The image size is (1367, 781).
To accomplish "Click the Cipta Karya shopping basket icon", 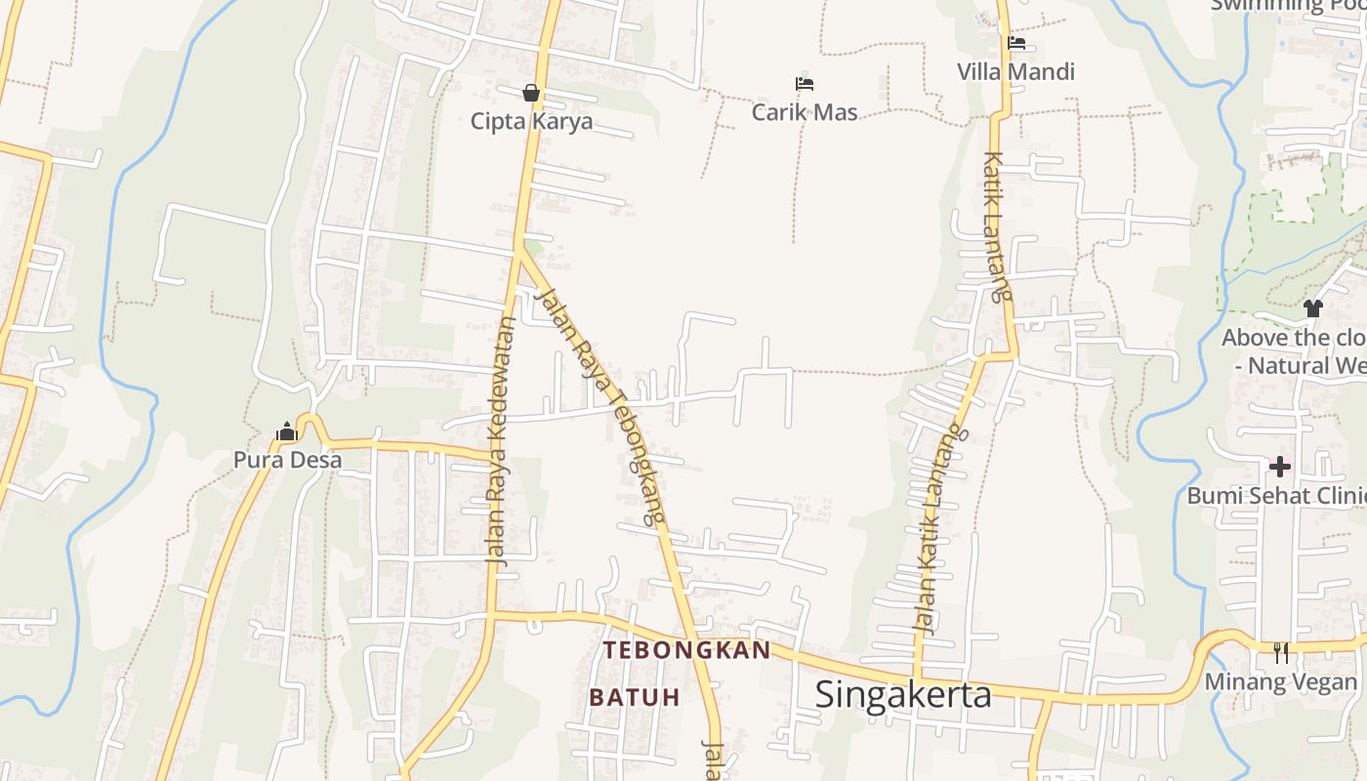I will pyautogui.click(x=531, y=93).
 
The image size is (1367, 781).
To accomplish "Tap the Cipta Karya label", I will pyautogui.click(x=531, y=121).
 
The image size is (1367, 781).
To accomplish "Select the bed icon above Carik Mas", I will pyautogui.click(x=805, y=84).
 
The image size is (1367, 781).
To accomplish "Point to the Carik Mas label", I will pyautogui.click(x=805, y=112).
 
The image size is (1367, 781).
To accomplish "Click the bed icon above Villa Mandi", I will pyautogui.click(x=1016, y=43).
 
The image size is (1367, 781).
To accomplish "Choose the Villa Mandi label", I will pyautogui.click(x=1015, y=71).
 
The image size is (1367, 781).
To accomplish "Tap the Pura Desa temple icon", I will pyautogui.click(x=286, y=432).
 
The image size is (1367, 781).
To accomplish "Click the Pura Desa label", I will pyautogui.click(x=287, y=460).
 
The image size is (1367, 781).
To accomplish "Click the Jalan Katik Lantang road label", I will pyautogui.click(x=936, y=528).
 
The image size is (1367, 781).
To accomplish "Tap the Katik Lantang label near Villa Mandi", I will pyautogui.click(x=995, y=226).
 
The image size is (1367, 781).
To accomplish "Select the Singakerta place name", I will pyautogui.click(x=903, y=694).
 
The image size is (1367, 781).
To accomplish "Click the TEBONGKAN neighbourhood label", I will pyautogui.click(x=686, y=650).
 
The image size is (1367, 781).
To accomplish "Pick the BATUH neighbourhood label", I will pyautogui.click(x=634, y=697).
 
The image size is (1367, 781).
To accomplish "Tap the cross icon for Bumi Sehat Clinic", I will pyautogui.click(x=1279, y=467).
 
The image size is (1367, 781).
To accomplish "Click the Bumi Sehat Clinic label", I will pyautogui.click(x=1275, y=496).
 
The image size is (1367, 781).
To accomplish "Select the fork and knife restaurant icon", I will pyautogui.click(x=1281, y=652).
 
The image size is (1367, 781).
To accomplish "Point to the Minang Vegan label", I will pyautogui.click(x=1280, y=681).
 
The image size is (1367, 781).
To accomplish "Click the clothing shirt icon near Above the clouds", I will pyautogui.click(x=1312, y=308).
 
